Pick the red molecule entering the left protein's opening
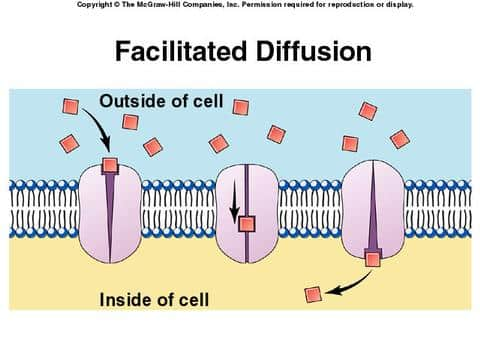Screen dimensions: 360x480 pyautogui.click(x=110, y=165)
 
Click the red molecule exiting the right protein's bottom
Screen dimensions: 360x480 pyautogui.click(x=373, y=260)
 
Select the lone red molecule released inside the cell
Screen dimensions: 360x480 pyautogui.click(x=313, y=293)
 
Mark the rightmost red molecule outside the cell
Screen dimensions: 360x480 pyautogui.click(x=400, y=139)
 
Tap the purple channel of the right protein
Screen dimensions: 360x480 pyautogui.click(x=372, y=210)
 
